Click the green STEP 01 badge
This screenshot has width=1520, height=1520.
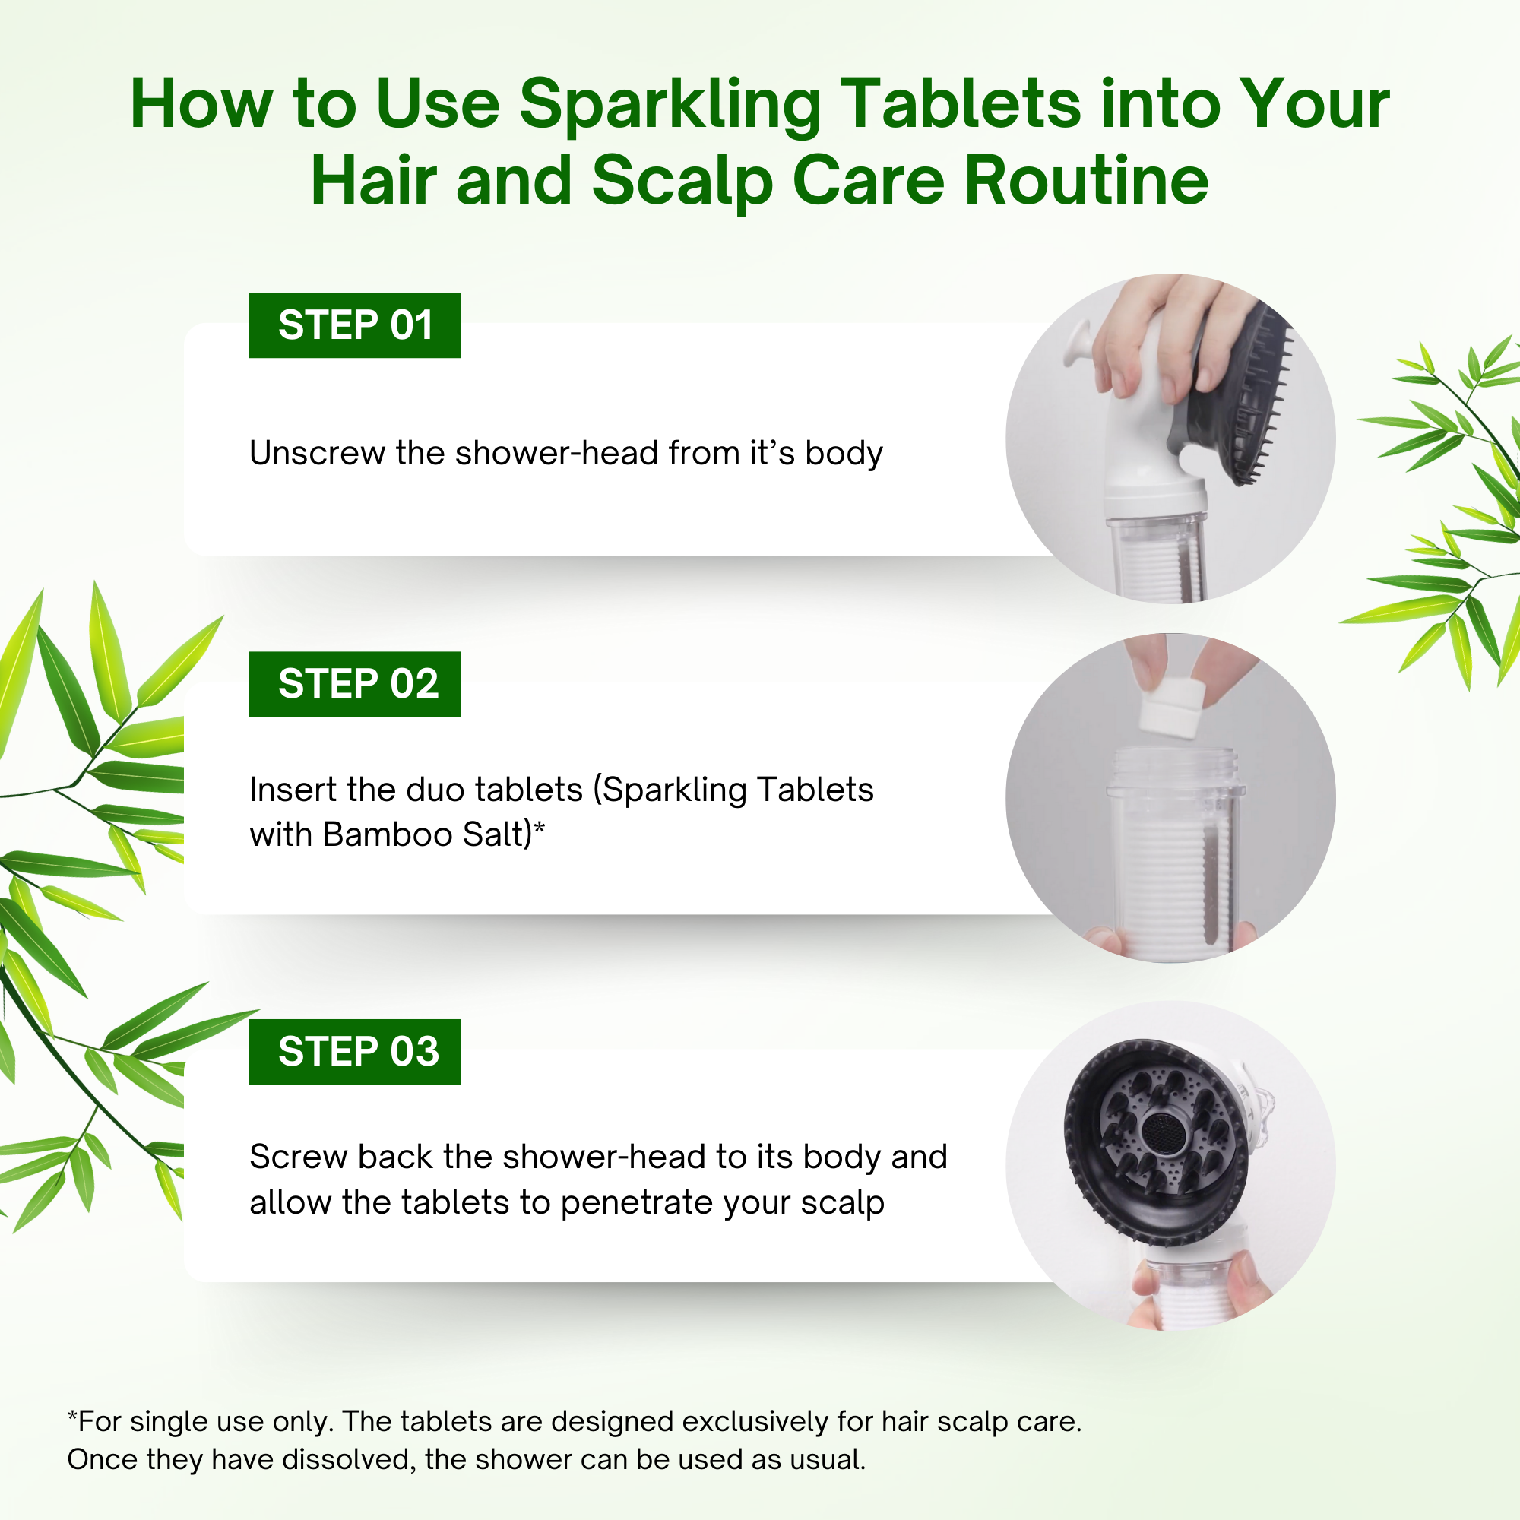pos(355,325)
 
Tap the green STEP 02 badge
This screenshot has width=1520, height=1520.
pos(355,684)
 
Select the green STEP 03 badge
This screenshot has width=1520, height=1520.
pos(355,1051)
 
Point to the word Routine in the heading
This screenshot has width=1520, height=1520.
pos(1087,180)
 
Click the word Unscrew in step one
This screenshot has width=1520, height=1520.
pos(317,453)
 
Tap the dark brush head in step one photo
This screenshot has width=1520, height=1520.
pos(1242,394)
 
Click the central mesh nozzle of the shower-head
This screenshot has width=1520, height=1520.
pos(1159,1133)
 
